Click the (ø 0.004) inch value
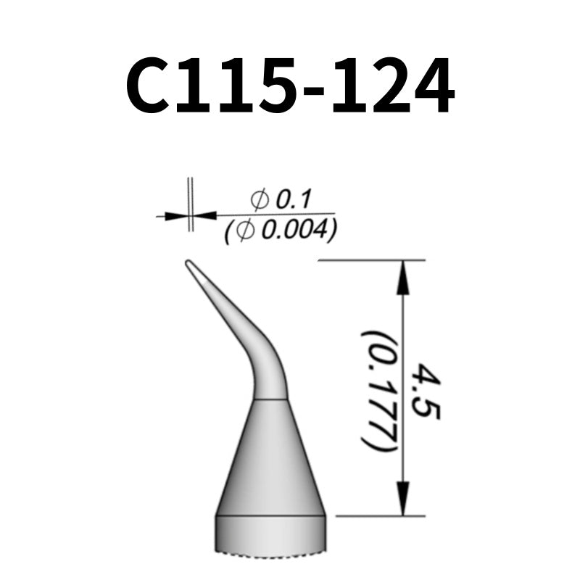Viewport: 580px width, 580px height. (x=281, y=231)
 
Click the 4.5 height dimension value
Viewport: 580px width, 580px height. (x=426, y=392)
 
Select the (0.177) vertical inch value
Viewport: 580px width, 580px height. (x=379, y=392)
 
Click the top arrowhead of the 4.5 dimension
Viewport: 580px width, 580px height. (x=404, y=276)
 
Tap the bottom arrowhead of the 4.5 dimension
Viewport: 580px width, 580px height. (x=404, y=500)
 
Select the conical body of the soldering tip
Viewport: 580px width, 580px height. (x=270, y=457)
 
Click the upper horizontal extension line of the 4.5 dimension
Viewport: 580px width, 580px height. (x=370, y=260)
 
